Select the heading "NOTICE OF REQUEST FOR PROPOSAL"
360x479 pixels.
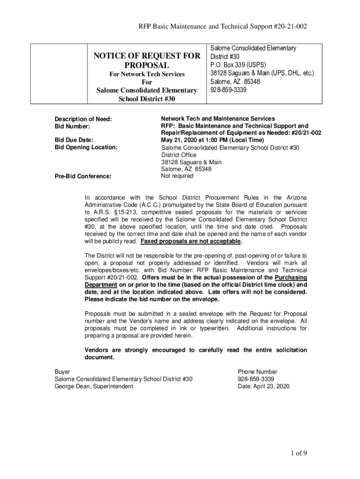pyautogui.click(x=147, y=61)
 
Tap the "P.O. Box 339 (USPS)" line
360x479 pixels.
pyautogui.click(x=238, y=65)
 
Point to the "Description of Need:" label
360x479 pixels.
pyautogui.click(x=83, y=119)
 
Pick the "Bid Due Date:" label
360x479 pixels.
pyautogui.click(x=74, y=140)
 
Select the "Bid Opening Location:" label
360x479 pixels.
pyautogui.click(x=86, y=147)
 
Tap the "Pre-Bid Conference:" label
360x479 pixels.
pyautogui.click(x=83, y=176)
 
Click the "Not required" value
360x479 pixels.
pyautogui.click(x=177, y=176)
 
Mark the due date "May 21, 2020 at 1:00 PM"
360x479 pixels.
pyautogui.click(x=212, y=140)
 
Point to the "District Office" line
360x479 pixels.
pyautogui.click(x=179, y=155)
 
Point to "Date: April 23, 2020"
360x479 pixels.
pyautogui.click(x=264, y=386)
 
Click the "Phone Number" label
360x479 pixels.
pyautogui.click(x=257, y=372)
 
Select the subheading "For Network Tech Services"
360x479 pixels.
pyautogui.click(x=147, y=74)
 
